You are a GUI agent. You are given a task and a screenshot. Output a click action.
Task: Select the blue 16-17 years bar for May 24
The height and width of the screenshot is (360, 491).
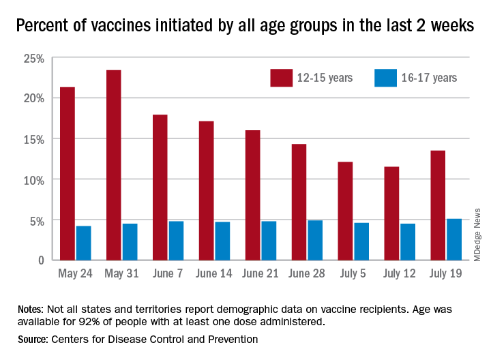[83, 243]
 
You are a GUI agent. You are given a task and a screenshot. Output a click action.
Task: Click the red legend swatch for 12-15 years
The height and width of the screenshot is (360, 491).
[280, 77]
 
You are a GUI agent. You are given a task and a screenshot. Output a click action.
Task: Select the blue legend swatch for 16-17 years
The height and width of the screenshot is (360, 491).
[385, 77]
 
